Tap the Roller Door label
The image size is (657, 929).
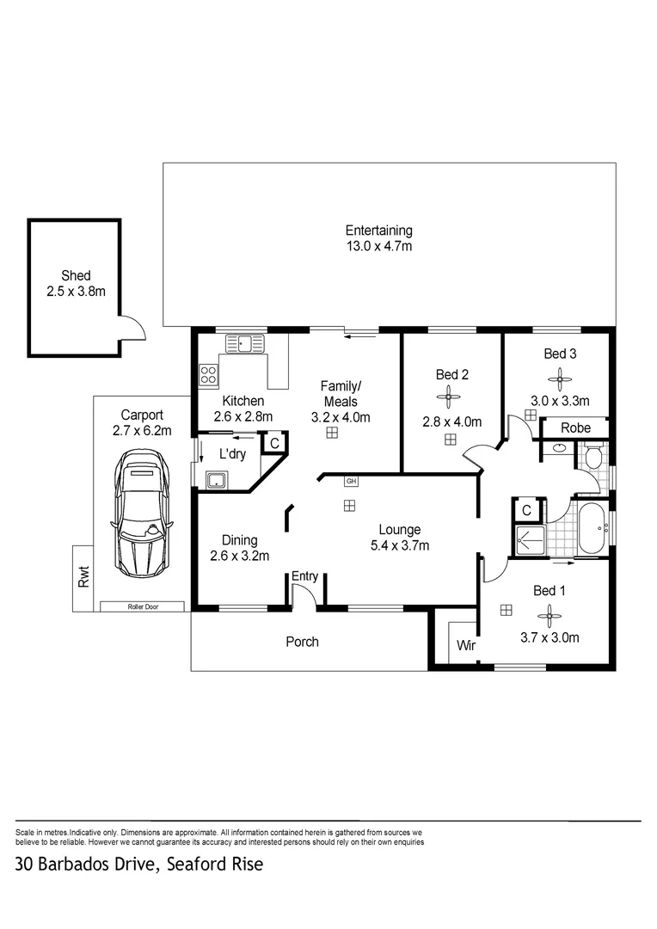click(142, 606)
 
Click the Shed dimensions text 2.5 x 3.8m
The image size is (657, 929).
click(76, 292)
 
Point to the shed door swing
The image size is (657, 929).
click(132, 328)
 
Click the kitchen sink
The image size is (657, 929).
click(246, 344)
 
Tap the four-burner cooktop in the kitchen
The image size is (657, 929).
click(209, 374)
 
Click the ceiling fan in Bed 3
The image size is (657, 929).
click(560, 376)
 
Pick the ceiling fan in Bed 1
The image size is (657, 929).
click(548, 614)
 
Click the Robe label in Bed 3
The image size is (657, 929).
click(575, 428)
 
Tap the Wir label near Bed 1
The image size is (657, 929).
click(466, 645)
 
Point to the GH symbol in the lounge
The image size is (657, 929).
click(350, 480)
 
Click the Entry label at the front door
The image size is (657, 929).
click(304, 575)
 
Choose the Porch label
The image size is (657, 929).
click(302, 642)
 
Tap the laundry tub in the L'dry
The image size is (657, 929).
click(215, 480)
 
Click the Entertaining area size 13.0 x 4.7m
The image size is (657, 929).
click(378, 247)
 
